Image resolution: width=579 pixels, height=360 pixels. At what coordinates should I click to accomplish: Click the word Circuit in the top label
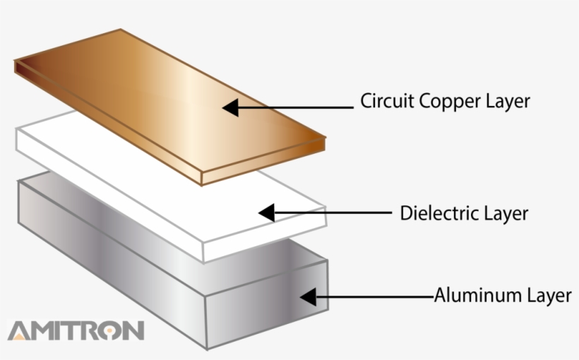pos(386,101)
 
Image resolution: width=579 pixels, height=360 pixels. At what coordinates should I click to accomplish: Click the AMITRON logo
pos(76,330)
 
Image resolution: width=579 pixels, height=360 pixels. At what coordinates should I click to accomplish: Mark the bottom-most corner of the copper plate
pos(202,185)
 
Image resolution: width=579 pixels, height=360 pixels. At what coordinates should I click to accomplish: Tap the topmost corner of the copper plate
pos(121,30)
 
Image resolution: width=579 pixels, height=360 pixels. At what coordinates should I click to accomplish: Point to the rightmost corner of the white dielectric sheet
pos(326,208)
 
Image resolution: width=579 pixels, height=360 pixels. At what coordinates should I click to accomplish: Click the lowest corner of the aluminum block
pos(206,349)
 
